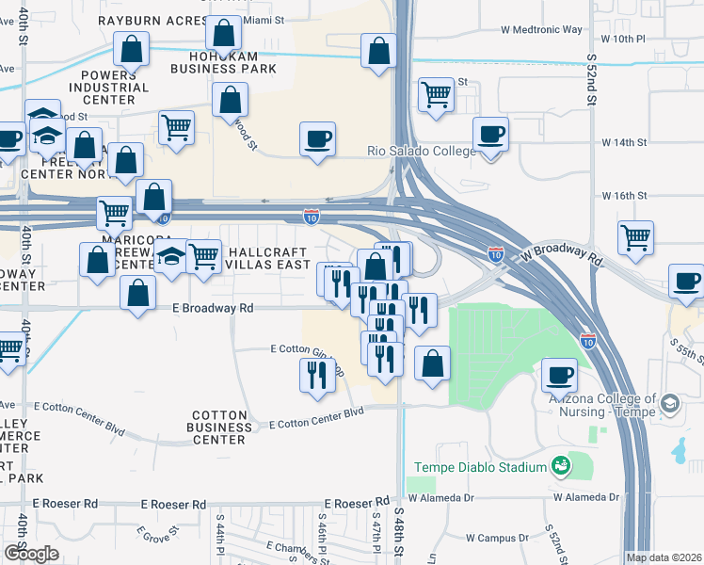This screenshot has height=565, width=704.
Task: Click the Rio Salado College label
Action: (x=421, y=152)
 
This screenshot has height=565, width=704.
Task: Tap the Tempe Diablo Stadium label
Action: (x=480, y=468)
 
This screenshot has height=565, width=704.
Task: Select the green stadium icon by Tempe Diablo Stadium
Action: (x=561, y=465)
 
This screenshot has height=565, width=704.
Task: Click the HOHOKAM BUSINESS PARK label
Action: (x=224, y=62)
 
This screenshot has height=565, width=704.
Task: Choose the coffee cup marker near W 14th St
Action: (x=489, y=134)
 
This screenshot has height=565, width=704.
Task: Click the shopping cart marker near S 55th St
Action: (x=636, y=237)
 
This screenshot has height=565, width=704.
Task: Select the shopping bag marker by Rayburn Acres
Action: (x=223, y=34)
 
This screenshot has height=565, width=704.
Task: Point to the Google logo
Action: (x=30, y=554)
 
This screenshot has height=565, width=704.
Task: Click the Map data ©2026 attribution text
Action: (x=664, y=557)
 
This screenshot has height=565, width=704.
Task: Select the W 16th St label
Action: (x=625, y=196)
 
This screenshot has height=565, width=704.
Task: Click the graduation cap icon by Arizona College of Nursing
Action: (x=669, y=404)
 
